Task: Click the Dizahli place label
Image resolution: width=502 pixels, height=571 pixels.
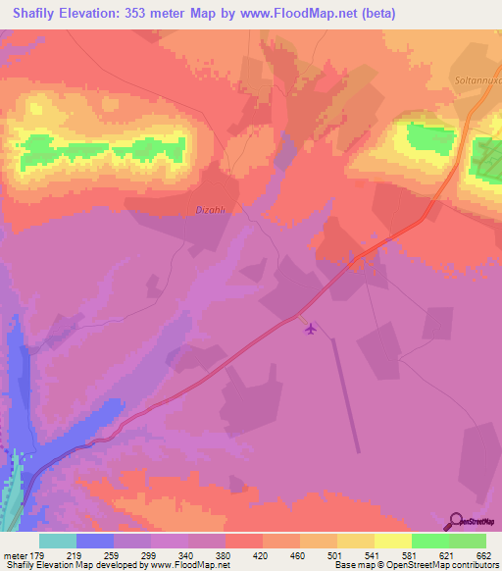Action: pos(213,208)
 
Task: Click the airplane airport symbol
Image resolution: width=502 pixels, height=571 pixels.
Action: pos(312,330)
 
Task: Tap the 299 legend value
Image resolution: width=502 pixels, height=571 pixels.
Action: pos(151,554)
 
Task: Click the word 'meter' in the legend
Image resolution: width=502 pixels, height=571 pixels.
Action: pos(15,554)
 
